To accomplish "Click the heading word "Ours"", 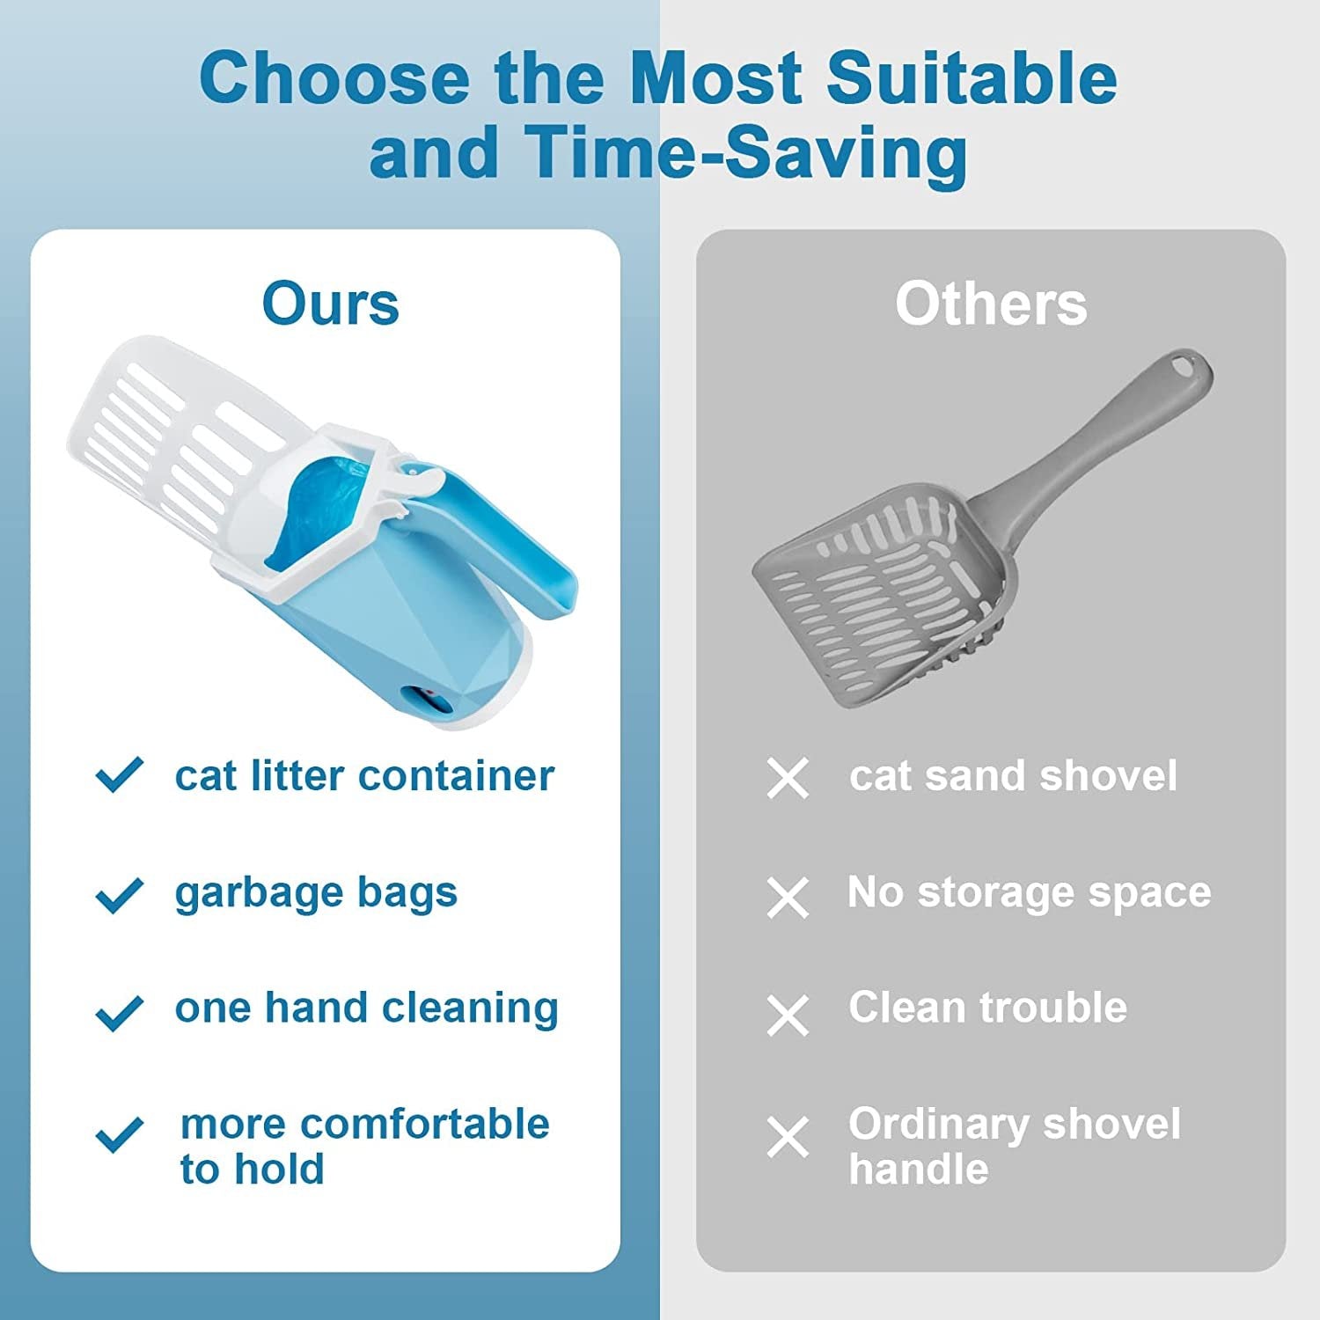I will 330,304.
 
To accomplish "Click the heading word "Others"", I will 991,304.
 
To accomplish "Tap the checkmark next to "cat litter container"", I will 119,775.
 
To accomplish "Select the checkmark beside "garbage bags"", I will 119,896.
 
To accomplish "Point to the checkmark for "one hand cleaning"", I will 119,1012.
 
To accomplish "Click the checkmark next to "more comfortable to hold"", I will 119,1134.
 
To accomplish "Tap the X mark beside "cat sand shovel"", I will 788,779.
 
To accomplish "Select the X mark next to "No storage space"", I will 788,898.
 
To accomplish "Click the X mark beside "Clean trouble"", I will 788,1016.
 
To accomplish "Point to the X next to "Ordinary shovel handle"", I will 788,1137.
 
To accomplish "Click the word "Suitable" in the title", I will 972,77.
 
